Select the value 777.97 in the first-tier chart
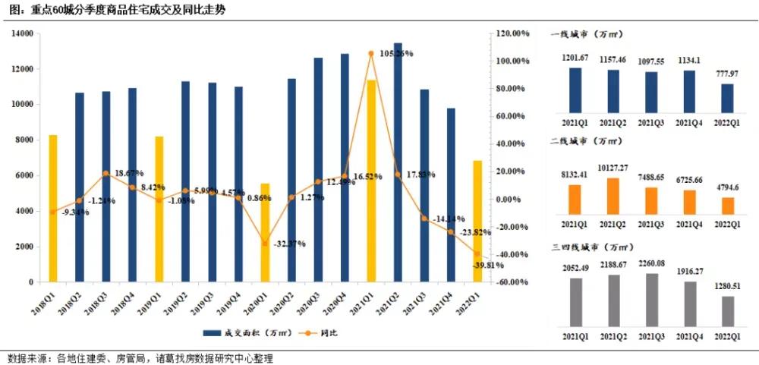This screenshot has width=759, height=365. pos(727,74)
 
